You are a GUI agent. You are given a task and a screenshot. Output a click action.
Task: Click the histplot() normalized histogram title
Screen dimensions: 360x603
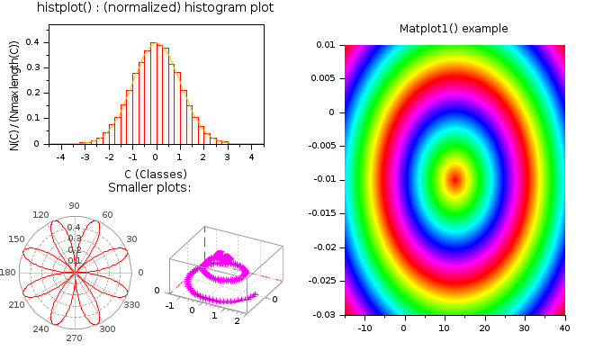tap(156, 8)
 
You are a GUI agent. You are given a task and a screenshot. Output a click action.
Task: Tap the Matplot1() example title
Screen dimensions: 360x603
tap(454, 29)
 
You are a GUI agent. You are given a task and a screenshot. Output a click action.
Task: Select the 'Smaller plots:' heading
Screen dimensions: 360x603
tap(149, 187)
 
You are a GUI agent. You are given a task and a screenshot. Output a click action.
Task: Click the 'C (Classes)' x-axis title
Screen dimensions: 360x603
tap(156, 173)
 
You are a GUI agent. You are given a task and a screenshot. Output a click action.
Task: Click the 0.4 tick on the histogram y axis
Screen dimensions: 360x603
tap(31, 41)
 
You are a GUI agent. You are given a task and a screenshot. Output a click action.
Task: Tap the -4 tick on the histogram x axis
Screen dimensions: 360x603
tap(60, 157)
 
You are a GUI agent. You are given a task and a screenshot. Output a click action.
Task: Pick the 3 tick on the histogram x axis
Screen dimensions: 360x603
tap(228, 157)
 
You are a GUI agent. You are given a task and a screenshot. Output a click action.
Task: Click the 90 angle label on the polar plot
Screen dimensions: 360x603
tap(74, 205)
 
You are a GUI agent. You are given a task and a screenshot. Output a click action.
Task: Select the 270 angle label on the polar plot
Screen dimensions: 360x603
tap(74, 337)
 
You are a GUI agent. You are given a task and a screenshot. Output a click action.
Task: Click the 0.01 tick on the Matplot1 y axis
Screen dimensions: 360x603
tap(327, 44)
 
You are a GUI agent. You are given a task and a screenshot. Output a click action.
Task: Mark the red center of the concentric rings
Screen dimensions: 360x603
tap(454, 178)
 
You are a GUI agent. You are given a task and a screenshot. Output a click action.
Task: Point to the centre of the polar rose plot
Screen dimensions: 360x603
tap(75, 271)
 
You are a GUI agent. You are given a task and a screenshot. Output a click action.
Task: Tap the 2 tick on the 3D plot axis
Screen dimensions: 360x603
tap(237, 321)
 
